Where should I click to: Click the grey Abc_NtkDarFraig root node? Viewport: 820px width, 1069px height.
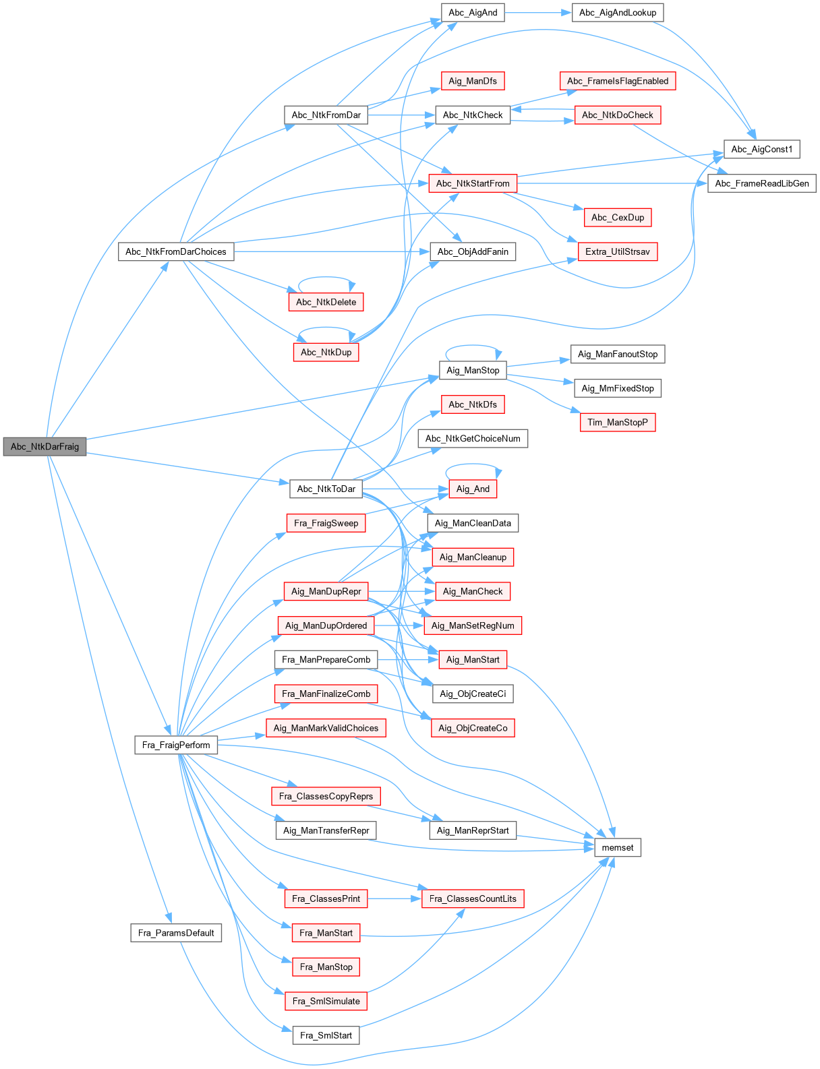coord(45,446)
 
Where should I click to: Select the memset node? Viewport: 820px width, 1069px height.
coord(617,847)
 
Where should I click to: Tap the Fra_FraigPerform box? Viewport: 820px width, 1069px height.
coord(176,745)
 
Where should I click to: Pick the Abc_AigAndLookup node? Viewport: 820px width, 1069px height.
coord(617,13)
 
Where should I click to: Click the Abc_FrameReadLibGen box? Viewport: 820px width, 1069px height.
coord(761,183)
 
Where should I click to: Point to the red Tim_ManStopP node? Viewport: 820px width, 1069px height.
coord(617,423)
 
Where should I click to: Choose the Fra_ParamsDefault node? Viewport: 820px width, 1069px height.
coord(176,933)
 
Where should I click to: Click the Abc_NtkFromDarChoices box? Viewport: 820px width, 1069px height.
coord(176,251)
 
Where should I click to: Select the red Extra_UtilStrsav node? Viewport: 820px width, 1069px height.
coord(617,251)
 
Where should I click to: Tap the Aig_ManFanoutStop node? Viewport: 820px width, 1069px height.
coord(617,354)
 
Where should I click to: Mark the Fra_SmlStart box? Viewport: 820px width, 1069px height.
coord(326,1035)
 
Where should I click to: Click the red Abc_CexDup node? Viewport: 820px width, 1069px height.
coord(617,218)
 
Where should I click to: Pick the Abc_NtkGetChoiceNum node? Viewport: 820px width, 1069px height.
coord(473,439)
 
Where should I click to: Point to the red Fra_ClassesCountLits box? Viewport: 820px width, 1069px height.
coord(473,898)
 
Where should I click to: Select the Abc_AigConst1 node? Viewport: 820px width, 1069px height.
coord(761,149)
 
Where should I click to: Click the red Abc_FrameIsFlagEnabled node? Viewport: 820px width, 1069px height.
coord(617,81)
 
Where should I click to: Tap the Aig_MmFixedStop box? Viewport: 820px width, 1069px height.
coord(617,388)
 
